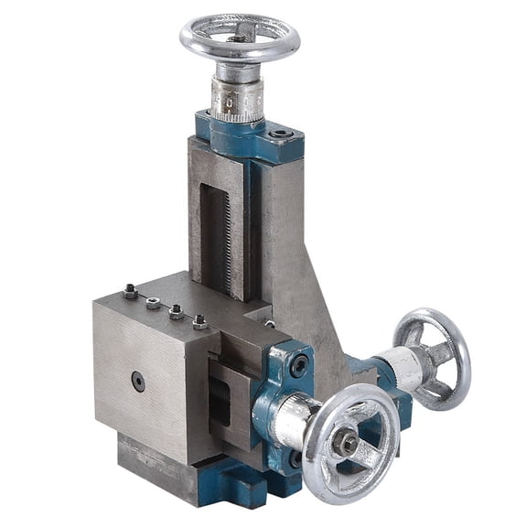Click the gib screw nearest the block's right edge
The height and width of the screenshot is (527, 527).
(199, 321)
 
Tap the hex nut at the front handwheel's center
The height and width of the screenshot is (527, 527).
(346, 444)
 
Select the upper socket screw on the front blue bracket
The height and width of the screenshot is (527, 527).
(298, 365)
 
